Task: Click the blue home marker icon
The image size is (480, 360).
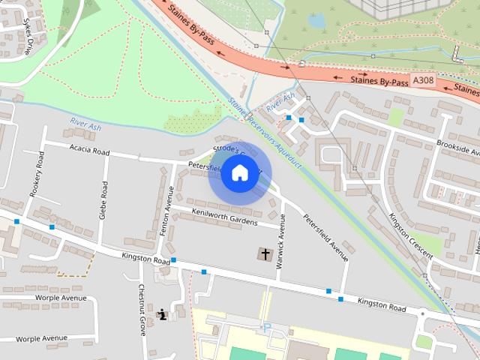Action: point(238,173)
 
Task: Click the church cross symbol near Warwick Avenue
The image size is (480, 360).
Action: point(265,254)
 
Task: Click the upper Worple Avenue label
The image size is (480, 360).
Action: point(52,298)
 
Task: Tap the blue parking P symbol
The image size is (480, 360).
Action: point(265,327)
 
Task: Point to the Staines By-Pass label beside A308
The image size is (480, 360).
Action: point(379,79)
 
